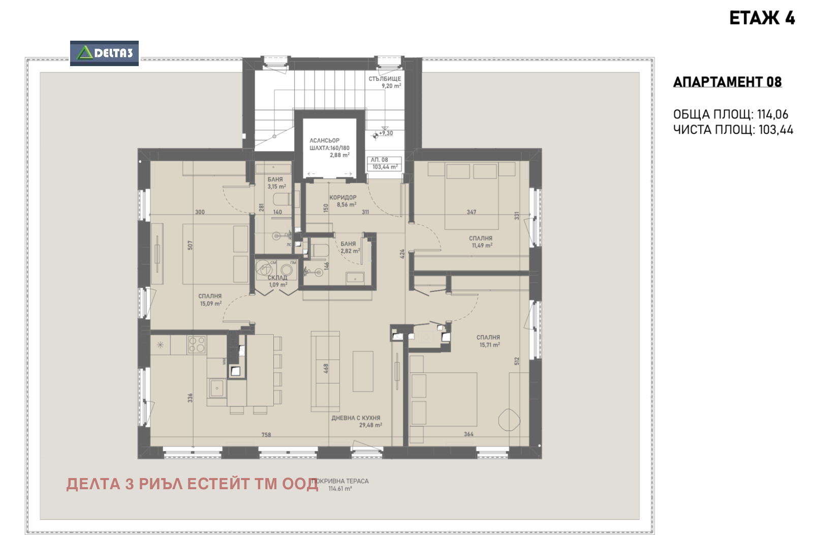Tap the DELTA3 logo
pyautogui.click(x=104, y=53)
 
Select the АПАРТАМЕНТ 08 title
pyautogui.click(x=727, y=82)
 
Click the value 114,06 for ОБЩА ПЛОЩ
pyautogui.click(x=772, y=114)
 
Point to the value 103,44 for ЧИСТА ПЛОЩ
pyautogui.click(x=775, y=130)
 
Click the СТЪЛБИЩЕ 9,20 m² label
pyautogui.click(x=385, y=82)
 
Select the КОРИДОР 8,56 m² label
pyautogui.click(x=342, y=201)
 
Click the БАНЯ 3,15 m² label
pyautogui.click(x=275, y=183)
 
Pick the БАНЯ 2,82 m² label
pyautogui.click(x=349, y=247)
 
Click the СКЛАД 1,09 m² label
pyautogui.click(x=277, y=281)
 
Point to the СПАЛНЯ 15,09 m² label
pyautogui.click(x=210, y=300)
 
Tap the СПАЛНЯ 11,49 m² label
pyautogui.click(x=481, y=242)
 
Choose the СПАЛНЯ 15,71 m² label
pyautogui.click(x=488, y=341)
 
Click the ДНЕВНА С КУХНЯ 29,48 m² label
pyautogui.click(x=356, y=421)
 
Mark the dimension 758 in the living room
pyautogui.click(x=266, y=435)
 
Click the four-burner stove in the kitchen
pyautogui.click(x=197, y=344)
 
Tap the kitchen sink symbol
pyautogui.click(x=217, y=388)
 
